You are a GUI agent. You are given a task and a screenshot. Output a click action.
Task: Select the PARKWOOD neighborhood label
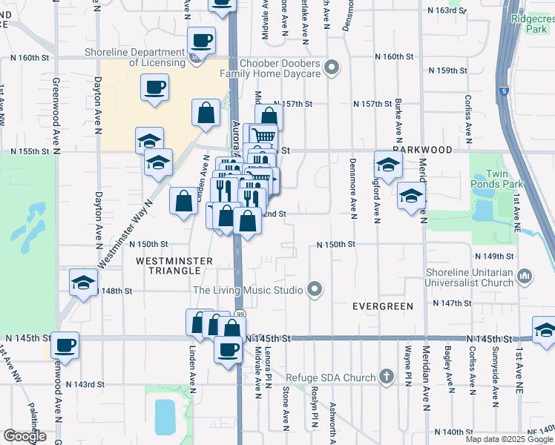(x=423, y=150)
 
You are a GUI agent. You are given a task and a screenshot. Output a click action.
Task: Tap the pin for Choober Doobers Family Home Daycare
(x=332, y=69)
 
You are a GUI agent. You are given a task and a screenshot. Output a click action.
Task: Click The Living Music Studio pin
(x=315, y=289)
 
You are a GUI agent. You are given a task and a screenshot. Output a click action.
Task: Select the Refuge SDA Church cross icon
(x=385, y=377)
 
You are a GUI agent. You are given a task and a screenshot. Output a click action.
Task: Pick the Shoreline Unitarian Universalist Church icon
(x=525, y=277)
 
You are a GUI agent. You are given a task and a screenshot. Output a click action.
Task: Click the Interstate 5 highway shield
(x=505, y=90)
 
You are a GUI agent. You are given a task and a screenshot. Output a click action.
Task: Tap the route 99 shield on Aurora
(x=240, y=315)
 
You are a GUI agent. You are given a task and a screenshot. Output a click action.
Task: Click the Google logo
(x=24, y=436)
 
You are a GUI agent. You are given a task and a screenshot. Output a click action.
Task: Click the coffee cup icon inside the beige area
(x=155, y=88)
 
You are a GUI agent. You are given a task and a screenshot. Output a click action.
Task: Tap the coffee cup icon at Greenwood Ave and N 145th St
(x=65, y=344)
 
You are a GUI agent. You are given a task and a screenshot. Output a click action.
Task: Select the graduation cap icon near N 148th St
(x=83, y=282)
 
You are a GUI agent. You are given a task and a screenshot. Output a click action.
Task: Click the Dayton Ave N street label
(x=98, y=219)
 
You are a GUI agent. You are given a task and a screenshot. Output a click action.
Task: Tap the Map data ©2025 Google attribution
(x=509, y=439)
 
